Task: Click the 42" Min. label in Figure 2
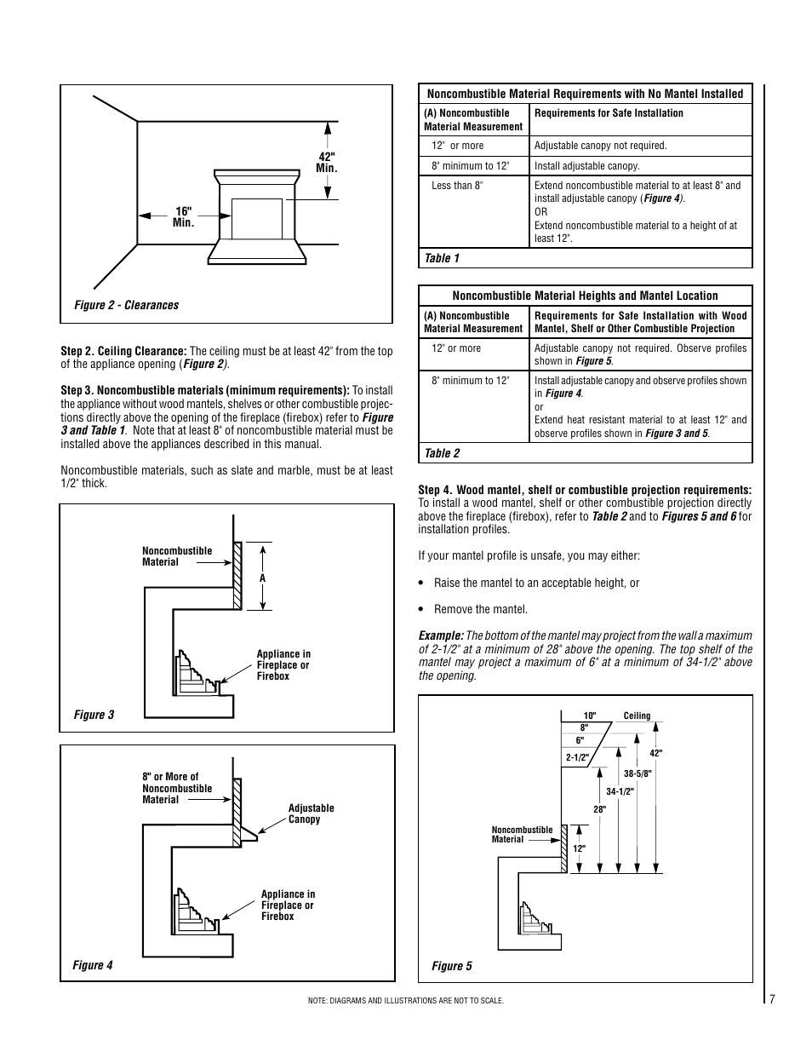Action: click(327, 163)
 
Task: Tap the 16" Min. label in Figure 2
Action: click(184, 216)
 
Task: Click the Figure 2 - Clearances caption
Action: click(126, 305)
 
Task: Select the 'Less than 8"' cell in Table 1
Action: click(457, 186)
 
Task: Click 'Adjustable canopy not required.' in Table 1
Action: click(600, 146)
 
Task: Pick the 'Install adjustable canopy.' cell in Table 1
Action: click(586, 166)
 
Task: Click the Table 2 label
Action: click(442, 453)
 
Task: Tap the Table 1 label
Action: click(442, 258)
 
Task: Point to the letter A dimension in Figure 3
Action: click(263, 578)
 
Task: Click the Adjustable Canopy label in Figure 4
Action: click(311, 813)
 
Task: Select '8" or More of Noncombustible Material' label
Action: click(177, 788)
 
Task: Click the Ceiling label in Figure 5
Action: click(637, 716)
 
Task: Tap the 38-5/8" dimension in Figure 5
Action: click(637, 773)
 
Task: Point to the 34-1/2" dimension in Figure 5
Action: click(620, 791)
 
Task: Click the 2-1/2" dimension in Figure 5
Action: click(577, 757)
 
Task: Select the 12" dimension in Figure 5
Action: click(579, 848)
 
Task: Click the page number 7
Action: click(772, 999)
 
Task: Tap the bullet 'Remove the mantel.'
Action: click(480, 609)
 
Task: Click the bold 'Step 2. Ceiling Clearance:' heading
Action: click(123, 351)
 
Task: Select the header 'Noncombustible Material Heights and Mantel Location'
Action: click(585, 296)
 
